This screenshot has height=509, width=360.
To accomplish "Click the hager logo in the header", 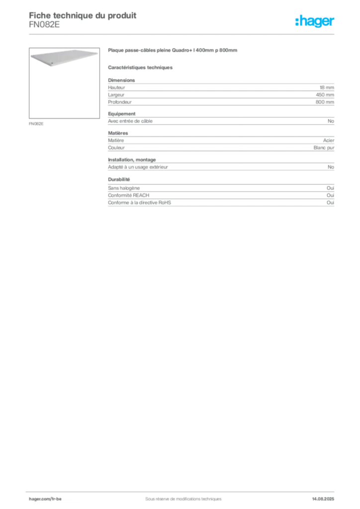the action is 315,21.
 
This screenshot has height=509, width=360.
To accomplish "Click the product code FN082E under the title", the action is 44,25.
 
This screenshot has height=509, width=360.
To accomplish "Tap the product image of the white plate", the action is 64,83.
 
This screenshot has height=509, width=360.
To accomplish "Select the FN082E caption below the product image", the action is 36,124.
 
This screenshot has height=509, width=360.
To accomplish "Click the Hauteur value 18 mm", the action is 327,87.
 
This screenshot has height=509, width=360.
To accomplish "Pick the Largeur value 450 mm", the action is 325,95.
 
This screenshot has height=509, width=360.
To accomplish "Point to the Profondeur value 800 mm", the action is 325,102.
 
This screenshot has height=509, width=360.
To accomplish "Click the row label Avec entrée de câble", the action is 130,121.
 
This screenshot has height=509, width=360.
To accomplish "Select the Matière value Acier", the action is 329,140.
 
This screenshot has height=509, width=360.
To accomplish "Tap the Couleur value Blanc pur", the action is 324,148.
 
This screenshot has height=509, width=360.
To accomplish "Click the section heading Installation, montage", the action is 132,160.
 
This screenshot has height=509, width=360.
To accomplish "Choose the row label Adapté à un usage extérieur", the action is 138,167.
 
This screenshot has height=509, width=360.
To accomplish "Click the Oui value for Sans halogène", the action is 330,188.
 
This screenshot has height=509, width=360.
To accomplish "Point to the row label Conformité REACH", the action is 129,195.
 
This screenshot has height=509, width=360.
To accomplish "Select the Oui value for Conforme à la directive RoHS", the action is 330,203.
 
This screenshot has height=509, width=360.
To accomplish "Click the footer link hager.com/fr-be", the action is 45,499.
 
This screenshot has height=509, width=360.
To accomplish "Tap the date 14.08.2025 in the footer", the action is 323,499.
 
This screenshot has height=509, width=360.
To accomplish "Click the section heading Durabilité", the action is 119,179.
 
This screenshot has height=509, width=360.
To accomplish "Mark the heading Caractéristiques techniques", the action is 140,68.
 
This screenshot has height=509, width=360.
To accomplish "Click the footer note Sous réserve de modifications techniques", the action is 183,499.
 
